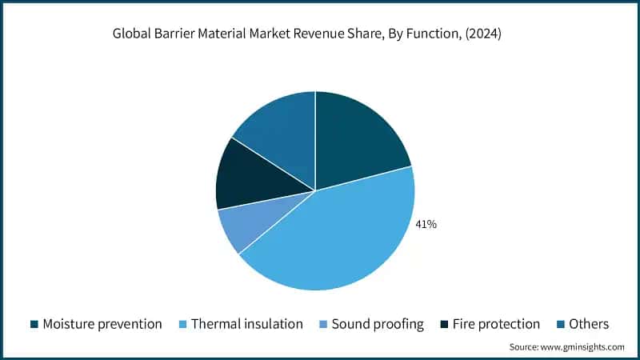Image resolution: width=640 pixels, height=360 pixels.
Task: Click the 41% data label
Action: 426,225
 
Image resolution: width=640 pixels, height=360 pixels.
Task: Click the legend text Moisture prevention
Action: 102,324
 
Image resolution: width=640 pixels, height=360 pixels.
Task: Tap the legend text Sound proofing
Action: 378,324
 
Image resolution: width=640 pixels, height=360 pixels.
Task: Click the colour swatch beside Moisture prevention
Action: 34,324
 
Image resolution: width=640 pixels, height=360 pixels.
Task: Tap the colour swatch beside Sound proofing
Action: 322,324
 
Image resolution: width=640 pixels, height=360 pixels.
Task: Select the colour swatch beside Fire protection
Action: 444,324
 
